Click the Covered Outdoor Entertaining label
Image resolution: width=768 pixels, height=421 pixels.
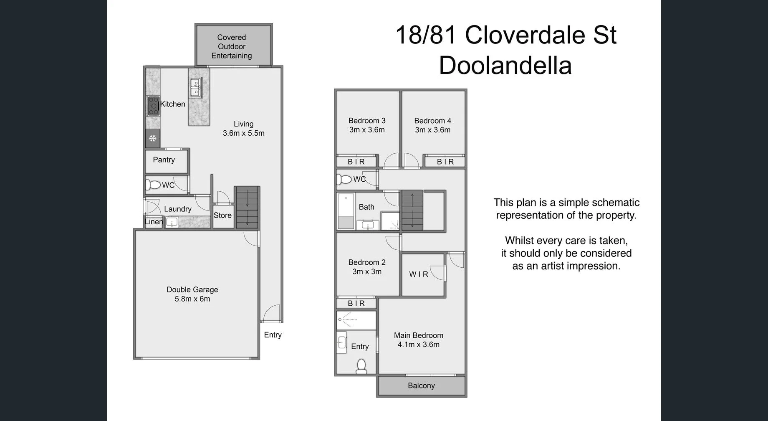point(231,46)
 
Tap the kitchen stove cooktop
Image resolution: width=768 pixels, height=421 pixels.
point(153,106)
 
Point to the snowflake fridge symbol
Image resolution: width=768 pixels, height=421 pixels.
point(153,138)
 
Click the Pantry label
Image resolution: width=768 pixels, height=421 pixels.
point(164,160)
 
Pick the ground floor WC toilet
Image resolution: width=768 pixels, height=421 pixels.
point(153,185)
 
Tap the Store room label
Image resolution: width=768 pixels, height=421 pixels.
point(222,215)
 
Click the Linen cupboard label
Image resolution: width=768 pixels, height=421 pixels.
point(154,222)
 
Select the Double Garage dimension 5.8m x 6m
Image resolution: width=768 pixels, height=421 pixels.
point(192,299)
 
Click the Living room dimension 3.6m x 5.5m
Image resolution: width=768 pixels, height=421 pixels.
point(243,133)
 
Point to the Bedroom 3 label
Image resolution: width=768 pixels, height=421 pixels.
point(367,121)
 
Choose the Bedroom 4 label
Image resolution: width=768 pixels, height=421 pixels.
point(432,121)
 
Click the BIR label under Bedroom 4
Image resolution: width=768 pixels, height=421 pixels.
point(445,162)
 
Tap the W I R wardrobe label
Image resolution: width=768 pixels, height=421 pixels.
point(419,274)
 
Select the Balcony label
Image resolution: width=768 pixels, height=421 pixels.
point(421,385)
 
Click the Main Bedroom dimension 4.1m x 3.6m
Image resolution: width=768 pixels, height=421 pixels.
point(418,345)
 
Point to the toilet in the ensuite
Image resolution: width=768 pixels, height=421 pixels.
point(361,366)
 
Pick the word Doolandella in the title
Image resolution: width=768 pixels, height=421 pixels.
point(505,66)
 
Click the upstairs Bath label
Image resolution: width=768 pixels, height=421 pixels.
point(366,207)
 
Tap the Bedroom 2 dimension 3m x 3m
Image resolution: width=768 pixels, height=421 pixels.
point(367,271)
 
